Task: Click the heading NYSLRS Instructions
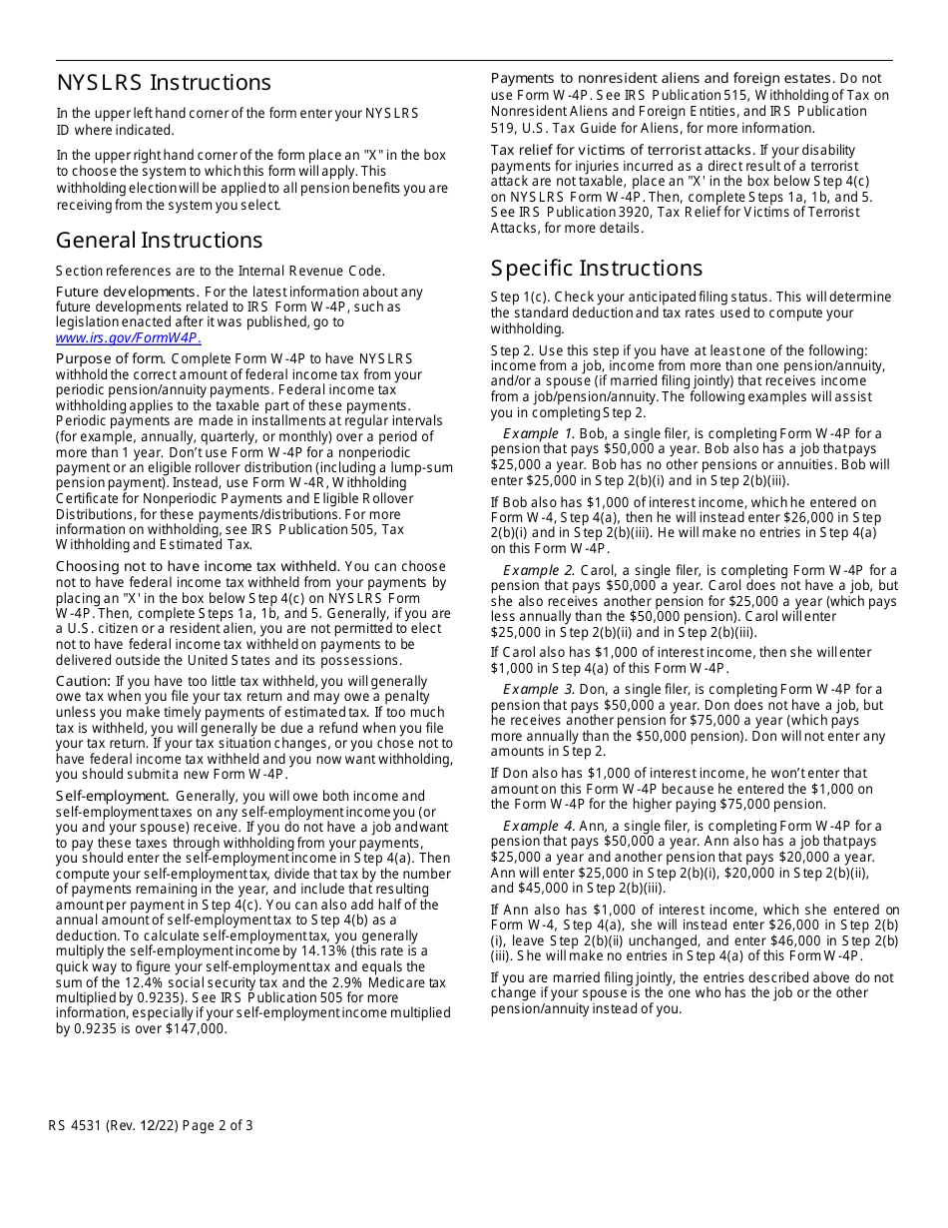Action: click(163, 83)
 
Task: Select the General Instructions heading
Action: click(159, 241)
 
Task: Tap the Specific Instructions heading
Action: click(596, 269)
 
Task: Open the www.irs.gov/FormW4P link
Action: click(129, 337)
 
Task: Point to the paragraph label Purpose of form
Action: click(111, 359)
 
